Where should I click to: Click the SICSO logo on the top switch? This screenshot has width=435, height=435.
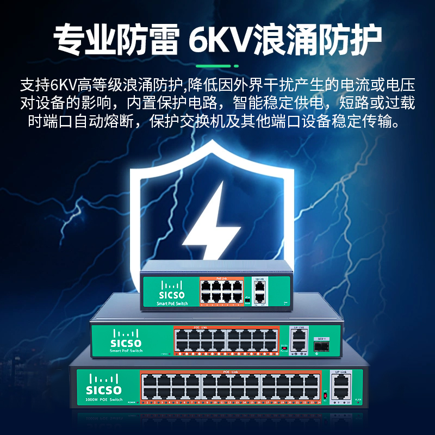172,293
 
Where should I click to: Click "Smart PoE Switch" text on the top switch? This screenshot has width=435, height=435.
172,303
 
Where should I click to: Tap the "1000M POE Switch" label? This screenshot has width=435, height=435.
104,400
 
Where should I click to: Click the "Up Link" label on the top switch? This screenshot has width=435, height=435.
259,279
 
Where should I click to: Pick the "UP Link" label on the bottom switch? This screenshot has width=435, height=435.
341,372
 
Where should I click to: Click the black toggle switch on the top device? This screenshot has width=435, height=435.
247,298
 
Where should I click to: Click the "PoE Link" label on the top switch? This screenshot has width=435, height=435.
221,279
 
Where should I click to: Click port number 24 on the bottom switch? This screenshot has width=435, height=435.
316,403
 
